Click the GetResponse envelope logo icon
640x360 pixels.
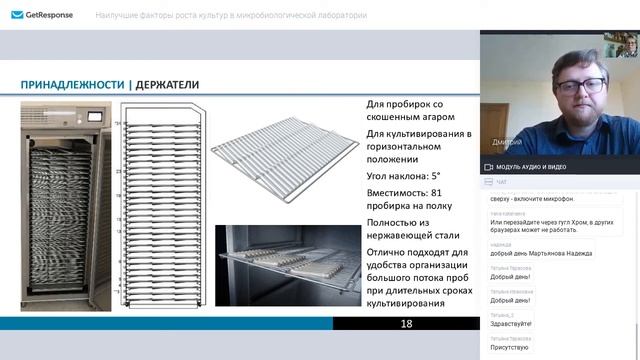17,16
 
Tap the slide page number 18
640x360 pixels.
406,324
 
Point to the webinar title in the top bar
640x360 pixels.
230,16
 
